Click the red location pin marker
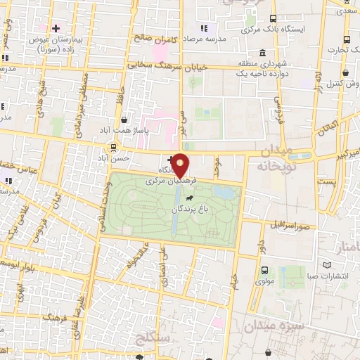[181, 165]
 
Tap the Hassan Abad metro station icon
[112, 147]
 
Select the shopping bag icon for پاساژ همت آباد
[124, 120]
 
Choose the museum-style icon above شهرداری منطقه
[262, 53]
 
